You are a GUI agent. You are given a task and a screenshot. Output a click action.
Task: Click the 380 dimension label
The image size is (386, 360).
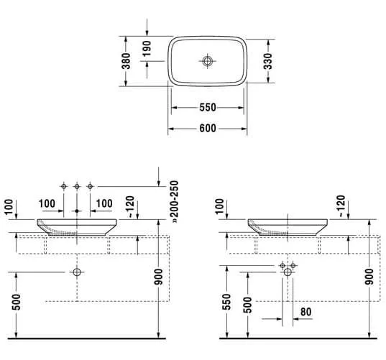click(x=126, y=61)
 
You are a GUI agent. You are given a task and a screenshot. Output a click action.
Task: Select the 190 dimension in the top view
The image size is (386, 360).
click(x=147, y=48)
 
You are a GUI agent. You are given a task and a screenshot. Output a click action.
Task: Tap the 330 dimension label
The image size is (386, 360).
click(x=268, y=61)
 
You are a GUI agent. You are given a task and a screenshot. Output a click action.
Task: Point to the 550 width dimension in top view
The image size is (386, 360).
click(x=208, y=108)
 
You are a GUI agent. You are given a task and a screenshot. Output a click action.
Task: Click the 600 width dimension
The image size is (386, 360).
click(x=208, y=129)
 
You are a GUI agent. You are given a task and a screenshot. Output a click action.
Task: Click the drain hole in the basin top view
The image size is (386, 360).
click(x=208, y=61)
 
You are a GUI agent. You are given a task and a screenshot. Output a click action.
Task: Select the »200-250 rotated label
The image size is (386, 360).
click(x=175, y=202)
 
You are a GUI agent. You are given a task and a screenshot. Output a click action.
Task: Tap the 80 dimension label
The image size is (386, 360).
click(x=305, y=312)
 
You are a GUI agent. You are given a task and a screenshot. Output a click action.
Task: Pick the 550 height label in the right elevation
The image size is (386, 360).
click(x=226, y=302)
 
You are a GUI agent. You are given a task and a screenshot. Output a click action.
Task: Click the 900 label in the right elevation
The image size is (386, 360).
click(x=369, y=277)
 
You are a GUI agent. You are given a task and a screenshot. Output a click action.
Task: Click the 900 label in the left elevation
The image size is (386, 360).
click(x=158, y=277)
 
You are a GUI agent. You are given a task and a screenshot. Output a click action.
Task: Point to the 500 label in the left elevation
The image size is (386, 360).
click(x=17, y=303)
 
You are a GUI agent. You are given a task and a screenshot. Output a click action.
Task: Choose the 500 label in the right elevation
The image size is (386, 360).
click(x=248, y=305)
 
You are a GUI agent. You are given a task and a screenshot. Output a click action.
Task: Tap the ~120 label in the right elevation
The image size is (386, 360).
click(x=341, y=206)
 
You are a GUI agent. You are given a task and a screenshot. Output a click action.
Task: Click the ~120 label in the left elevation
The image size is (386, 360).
click(x=130, y=207)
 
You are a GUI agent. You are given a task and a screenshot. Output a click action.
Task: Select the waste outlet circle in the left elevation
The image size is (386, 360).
click(x=77, y=272)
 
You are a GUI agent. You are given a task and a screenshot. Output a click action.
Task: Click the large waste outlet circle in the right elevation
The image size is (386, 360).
click(x=288, y=272)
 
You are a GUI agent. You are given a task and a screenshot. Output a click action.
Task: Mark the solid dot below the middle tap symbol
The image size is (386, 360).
click(x=77, y=211)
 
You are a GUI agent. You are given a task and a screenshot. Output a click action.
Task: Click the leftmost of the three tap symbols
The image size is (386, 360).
click(x=64, y=187)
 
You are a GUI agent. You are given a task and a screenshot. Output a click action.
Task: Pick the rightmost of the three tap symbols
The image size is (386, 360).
click(x=90, y=187)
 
